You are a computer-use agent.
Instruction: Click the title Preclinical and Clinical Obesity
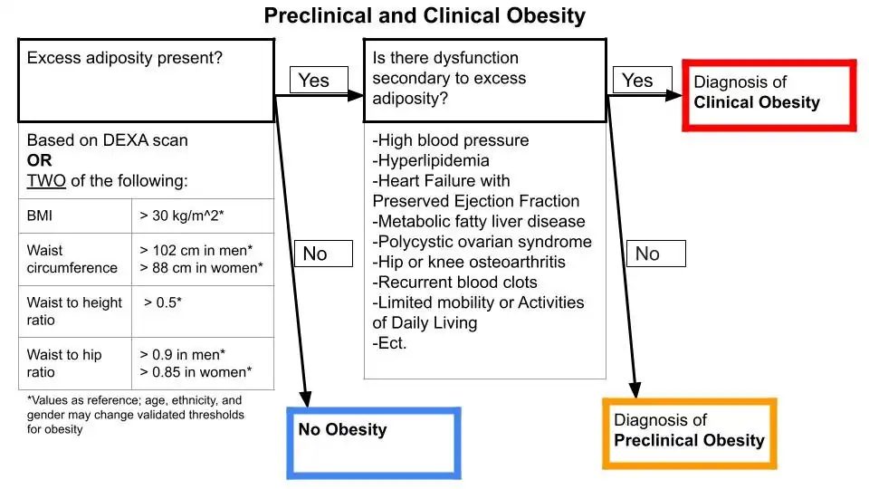425,16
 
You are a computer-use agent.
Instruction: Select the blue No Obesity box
373,442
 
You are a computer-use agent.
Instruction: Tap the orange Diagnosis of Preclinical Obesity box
690,433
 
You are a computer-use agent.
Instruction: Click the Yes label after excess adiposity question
314,81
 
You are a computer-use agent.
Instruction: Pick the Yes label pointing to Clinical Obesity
637,81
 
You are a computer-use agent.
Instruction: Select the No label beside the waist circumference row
314,254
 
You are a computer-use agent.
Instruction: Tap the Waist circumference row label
72,259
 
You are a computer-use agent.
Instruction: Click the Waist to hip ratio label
64,363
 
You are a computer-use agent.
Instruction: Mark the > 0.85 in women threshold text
196,372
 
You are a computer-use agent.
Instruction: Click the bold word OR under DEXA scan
39,160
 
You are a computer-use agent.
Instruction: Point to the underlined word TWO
46,180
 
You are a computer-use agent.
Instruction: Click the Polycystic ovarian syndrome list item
482,242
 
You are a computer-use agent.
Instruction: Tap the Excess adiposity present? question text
125,58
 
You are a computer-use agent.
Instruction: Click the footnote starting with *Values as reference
135,414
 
